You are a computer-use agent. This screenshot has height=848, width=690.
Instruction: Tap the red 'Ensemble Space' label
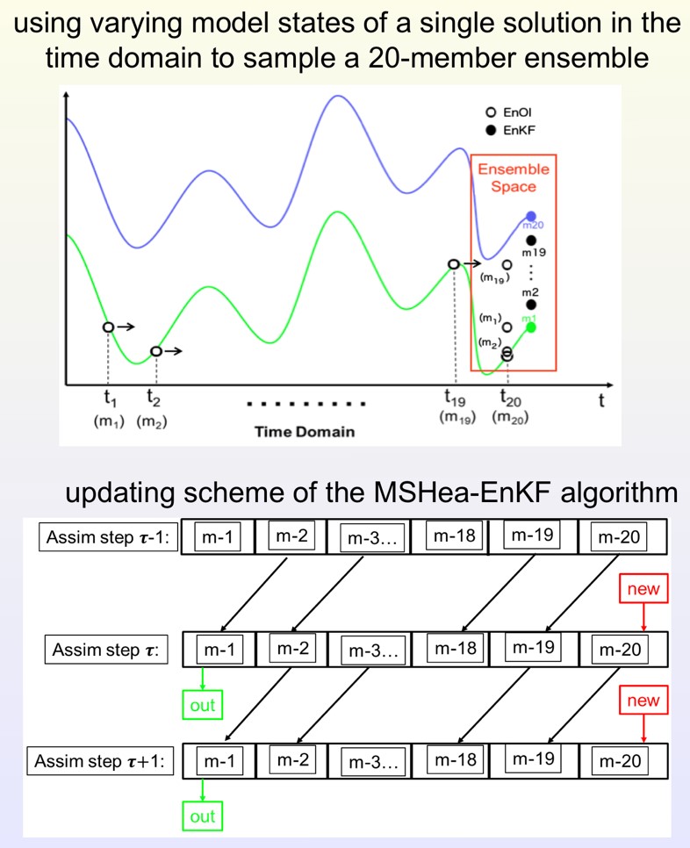(514, 177)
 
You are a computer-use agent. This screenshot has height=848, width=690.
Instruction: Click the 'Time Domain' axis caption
(305, 431)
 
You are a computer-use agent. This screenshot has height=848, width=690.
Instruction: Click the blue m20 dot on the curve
(531, 216)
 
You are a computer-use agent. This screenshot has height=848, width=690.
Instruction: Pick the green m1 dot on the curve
(531, 327)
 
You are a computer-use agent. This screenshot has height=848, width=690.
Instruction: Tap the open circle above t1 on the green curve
(107, 327)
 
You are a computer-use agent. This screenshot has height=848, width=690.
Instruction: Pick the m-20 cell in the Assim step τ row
(620, 650)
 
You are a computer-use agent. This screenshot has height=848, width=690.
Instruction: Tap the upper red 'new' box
(643, 589)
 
